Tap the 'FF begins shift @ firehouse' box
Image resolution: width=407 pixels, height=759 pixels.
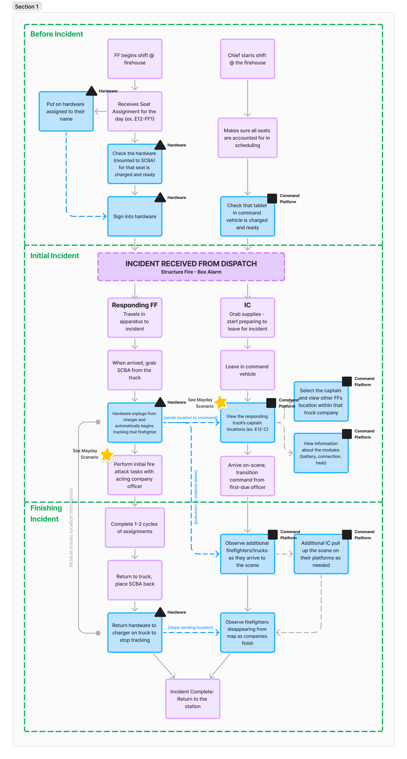coord(135,59)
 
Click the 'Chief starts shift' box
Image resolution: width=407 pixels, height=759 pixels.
coord(247,59)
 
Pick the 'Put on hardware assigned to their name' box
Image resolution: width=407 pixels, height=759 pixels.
coord(66,111)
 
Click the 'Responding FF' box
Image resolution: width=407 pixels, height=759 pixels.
coord(135,318)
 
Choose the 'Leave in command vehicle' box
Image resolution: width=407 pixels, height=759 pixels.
coord(247,370)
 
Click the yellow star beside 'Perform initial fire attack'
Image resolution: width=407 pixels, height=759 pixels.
coord(107,455)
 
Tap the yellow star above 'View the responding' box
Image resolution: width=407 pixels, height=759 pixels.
coord(221,402)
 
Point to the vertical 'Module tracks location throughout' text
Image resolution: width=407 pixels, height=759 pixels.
coord(71,527)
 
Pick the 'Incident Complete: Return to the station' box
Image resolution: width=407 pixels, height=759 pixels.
coord(193,699)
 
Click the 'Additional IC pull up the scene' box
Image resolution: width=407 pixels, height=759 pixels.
coord(321,554)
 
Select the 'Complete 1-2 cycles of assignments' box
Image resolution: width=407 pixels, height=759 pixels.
coord(135,528)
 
